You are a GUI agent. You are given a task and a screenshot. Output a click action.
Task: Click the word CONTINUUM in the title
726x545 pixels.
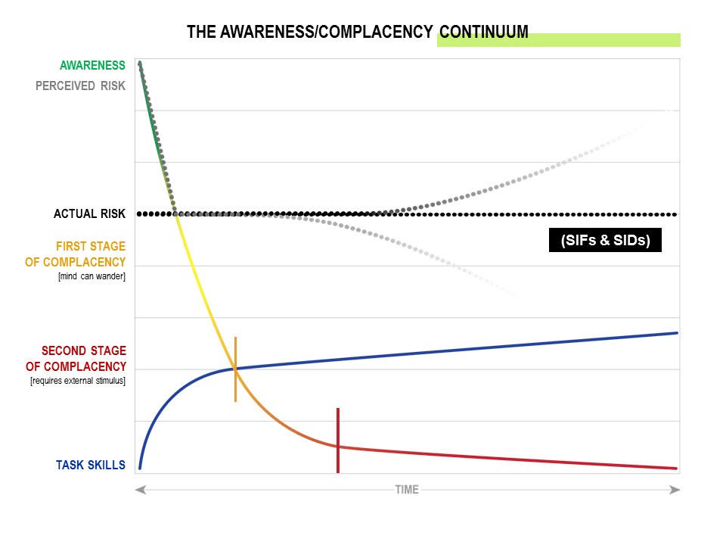click(484, 32)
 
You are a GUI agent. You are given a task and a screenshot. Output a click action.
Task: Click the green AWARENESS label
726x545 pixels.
click(92, 66)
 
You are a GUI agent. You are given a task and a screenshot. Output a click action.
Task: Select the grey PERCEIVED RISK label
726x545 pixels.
click(80, 86)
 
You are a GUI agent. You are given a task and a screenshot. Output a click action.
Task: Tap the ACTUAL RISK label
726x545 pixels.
click(89, 214)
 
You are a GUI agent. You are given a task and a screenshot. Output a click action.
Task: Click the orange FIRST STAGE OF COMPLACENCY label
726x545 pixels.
click(91, 254)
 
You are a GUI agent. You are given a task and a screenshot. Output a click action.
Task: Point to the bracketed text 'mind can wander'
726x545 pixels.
click(92, 276)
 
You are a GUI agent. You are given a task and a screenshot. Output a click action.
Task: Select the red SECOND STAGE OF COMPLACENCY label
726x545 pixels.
click(83, 359)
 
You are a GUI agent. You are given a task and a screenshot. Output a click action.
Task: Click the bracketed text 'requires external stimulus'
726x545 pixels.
click(78, 380)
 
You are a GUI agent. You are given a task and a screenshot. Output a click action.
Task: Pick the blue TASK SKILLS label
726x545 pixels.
click(91, 465)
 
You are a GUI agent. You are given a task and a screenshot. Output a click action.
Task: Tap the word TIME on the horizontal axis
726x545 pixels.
click(407, 490)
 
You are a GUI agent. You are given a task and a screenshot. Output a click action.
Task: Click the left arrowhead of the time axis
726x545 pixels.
click(140, 490)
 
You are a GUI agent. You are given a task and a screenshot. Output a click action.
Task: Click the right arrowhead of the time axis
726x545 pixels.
click(675, 490)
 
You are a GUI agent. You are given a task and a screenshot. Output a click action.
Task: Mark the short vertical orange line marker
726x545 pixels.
click(235, 369)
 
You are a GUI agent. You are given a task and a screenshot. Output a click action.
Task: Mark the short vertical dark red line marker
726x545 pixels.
click(337, 441)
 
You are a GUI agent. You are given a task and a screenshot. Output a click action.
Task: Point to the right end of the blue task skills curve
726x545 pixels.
click(675, 333)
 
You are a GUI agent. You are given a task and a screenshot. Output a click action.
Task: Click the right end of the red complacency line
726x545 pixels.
click(675, 468)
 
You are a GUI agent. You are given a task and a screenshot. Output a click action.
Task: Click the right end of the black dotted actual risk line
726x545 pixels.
click(675, 214)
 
